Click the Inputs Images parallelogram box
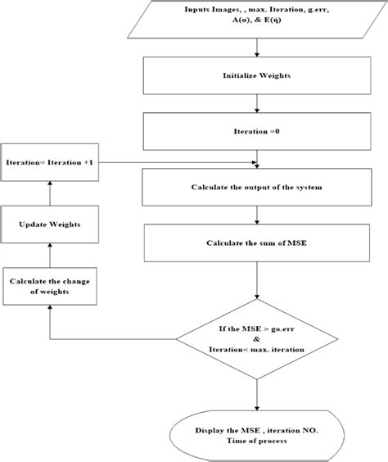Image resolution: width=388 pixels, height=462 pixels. pos(258,20)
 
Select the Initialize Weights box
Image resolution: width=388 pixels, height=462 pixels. pos(257,76)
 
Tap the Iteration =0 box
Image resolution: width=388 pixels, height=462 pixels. pos(257,130)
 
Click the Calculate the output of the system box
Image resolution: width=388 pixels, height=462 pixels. pos(257,187)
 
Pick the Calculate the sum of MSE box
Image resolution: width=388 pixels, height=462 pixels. pos(257,243)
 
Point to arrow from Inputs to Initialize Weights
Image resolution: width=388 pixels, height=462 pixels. pos(257,47)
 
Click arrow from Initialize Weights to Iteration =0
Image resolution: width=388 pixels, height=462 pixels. pos(257,104)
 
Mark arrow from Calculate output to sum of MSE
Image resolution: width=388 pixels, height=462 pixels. pos(257,215)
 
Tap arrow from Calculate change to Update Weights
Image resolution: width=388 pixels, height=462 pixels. pos(50,253)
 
